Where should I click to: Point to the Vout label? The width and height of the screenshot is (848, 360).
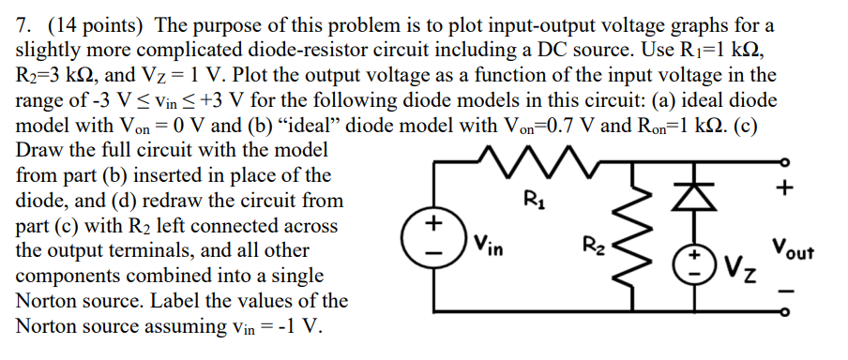coord(793,250)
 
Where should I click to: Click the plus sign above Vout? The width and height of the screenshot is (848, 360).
coord(786,188)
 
